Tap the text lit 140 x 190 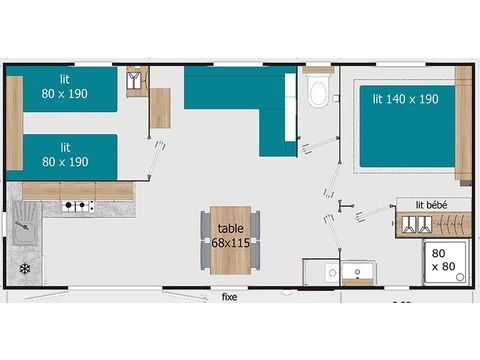click(x=405, y=99)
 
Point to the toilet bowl click(x=319, y=94)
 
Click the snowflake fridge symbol click(x=24, y=269)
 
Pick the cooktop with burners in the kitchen click(x=78, y=207)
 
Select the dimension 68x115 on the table click(x=231, y=243)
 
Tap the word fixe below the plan click(x=230, y=297)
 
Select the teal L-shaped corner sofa click(x=240, y=100)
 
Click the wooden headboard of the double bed click(x=463, y=125)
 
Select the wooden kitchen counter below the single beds click(x=78, y=190)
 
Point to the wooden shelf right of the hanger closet click(x=159, y=108)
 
